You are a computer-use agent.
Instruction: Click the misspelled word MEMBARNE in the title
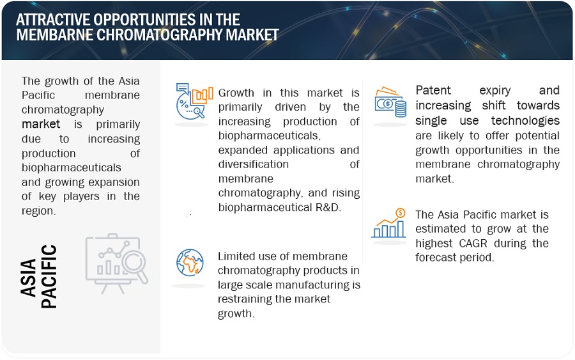coord(54,35)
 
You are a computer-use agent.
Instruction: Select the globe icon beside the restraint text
coord(190,262)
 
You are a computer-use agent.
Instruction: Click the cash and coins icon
coord(390,102)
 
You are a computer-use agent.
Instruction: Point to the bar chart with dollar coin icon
coord(388,223)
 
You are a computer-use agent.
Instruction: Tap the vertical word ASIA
coord(29,278)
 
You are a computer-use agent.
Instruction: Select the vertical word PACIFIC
coord(49,276)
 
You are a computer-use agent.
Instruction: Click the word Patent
coord(433,90)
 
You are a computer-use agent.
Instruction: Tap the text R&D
coord(328,207)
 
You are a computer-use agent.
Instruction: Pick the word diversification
coord(254,164)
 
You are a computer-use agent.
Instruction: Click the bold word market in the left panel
coord(41,124)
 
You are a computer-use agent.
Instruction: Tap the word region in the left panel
coord(38,211)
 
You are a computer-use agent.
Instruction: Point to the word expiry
coord(495,91)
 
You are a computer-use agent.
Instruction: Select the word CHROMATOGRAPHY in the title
coord(159,35)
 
